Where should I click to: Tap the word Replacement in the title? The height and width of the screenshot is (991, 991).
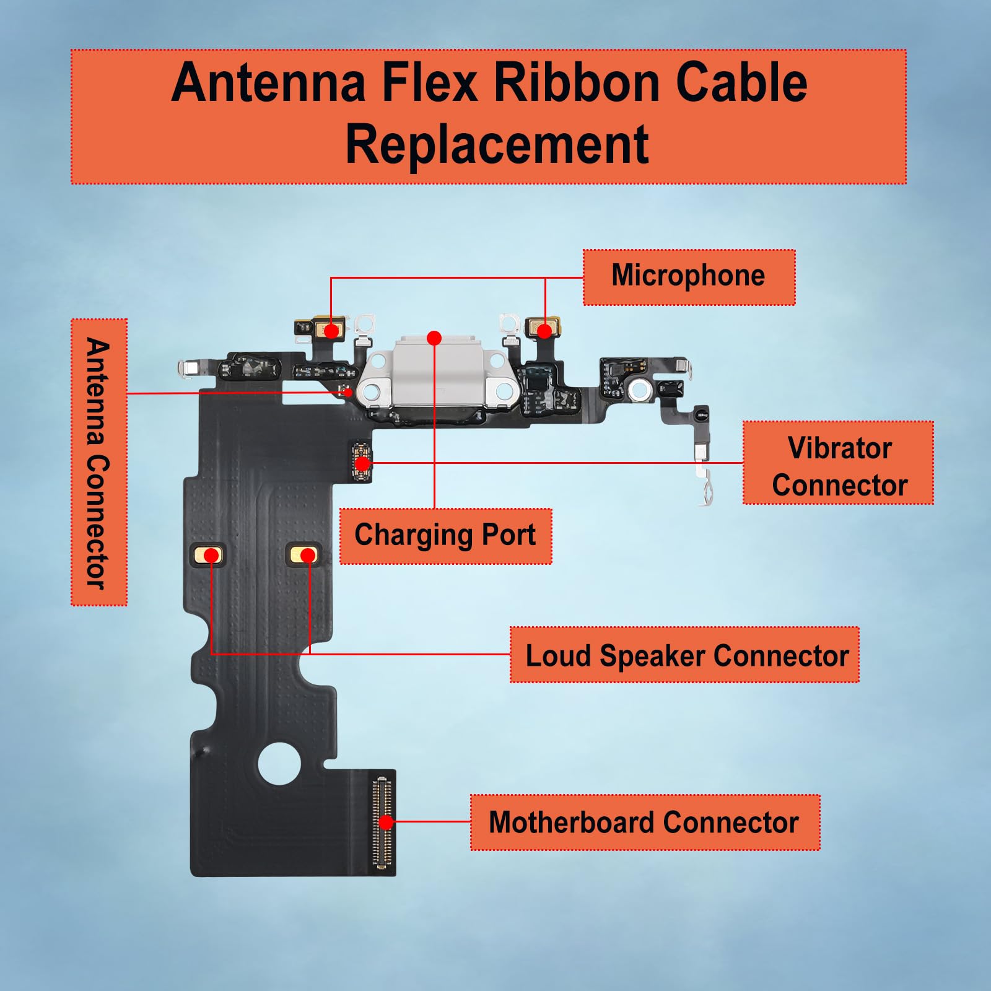pos(497,144)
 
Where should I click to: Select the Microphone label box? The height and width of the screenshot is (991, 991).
pos(688,276)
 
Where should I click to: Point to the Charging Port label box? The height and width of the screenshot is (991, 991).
pos(445,535)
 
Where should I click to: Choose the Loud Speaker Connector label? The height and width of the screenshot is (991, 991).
pos(684,655)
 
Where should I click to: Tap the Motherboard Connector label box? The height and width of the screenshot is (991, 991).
pos(644,823)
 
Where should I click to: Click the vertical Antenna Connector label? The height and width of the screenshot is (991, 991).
pos(98,463)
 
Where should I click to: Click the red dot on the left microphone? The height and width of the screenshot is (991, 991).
pos(332,331)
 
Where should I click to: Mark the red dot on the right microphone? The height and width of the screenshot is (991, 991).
pos(544,331)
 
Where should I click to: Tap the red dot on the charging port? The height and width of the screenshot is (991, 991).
pos(434,338)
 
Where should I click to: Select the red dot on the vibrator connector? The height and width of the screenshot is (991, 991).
pos(363,463)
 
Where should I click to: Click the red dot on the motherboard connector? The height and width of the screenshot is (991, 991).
pos(386,823)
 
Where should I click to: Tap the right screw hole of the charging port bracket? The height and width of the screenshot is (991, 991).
pos(505,391)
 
